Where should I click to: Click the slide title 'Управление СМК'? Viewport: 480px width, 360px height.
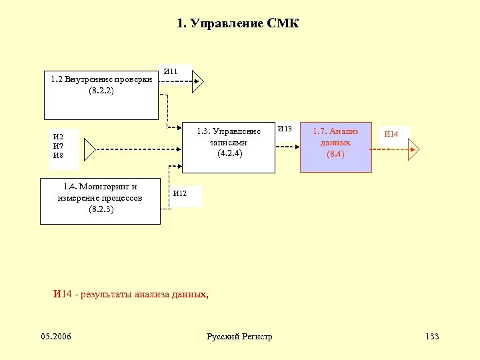[x=238, y=24]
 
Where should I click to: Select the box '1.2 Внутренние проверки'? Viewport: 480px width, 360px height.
[x=101, y=95]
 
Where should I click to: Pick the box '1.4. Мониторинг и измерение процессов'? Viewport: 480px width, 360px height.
[x=100, y=201]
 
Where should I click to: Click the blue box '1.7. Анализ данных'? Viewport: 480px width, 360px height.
[x=335, y=147]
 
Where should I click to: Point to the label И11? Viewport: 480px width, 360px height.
[x=171, y=72]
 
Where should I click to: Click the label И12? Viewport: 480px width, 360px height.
[x=180, y=194]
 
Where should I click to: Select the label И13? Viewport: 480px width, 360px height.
[x=285, y=129]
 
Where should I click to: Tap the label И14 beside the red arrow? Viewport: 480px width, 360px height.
[x=391, y=135]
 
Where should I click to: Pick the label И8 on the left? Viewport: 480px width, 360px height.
[x=58, y=155]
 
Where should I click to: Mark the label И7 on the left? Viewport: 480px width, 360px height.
[x=58, y=146]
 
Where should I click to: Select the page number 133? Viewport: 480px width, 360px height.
[x=432, y=336]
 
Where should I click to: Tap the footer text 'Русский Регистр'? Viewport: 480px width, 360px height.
[x=240, y=337]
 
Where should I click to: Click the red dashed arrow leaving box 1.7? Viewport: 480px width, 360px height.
[x=389, y=149]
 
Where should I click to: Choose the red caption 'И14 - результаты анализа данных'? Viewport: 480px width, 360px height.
[x=131, y=294]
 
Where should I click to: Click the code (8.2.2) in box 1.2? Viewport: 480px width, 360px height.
[x=101, y=91]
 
